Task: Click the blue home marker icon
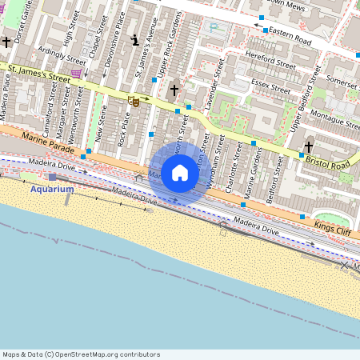click(x=180, y=173)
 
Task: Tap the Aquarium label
click(x=52, y=190)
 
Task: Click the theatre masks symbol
click(x=134, y=101)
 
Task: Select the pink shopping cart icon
click(x=77, y=74)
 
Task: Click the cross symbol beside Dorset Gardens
click(x=6, y=42)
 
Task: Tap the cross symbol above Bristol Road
click(x=309, y=146)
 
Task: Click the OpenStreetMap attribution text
click(x=81, y=354)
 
